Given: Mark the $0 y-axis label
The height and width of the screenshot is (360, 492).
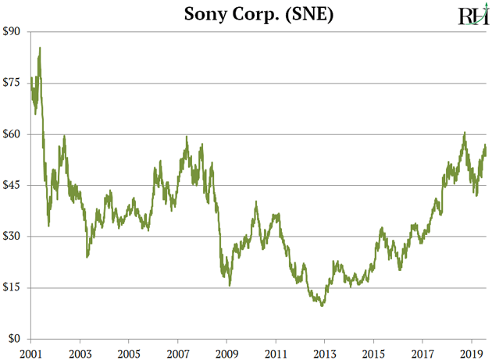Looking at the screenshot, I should point(16,339).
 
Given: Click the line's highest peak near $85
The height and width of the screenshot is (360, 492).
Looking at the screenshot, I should point(40,48).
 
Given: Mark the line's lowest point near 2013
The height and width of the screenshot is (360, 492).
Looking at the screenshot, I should point(322,305).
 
